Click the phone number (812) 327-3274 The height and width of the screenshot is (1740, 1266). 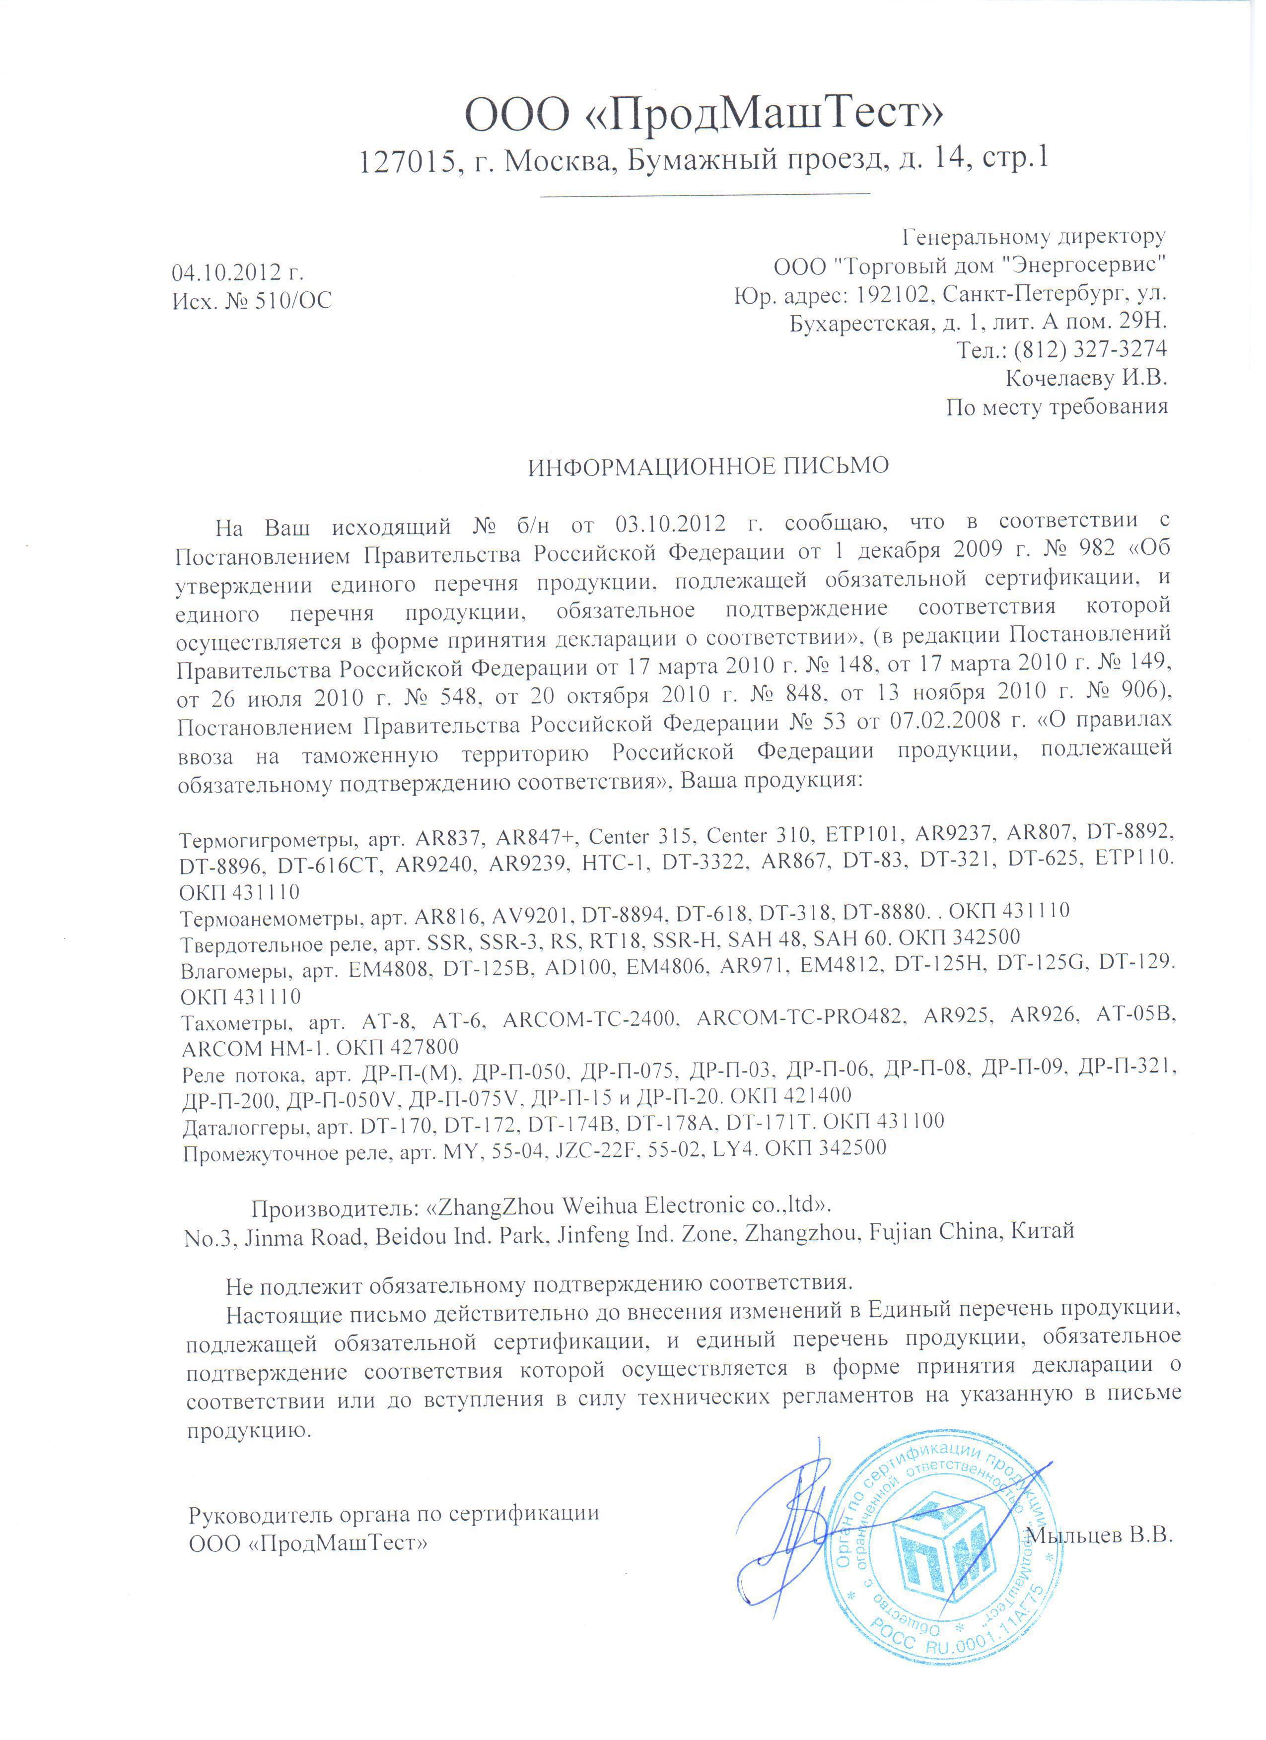1090,350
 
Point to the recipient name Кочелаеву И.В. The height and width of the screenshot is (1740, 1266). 1086,378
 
